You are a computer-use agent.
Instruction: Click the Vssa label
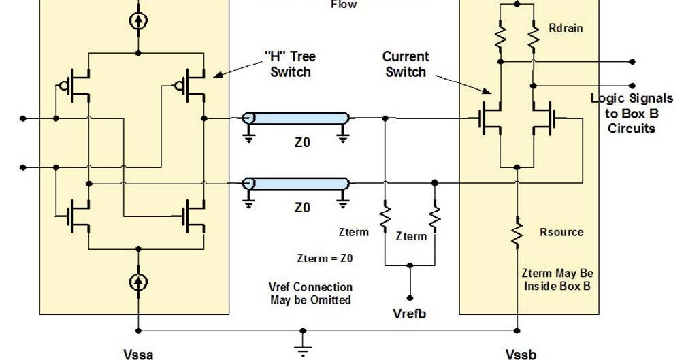[x=138, y=354]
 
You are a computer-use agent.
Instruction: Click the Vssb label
[x=521, y=354]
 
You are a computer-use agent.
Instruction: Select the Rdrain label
[x=566, y=29]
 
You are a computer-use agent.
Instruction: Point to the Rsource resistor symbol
[x=517, y=231]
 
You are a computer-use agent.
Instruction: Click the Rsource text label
[x=561, y=232]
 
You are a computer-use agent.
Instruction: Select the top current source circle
[x=139, y=20]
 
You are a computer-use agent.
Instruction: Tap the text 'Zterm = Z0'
[x=325, y=259]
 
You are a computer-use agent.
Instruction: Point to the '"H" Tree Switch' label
[x=290, y=64]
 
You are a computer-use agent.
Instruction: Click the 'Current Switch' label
[x=405, y=64]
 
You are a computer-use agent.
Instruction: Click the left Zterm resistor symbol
[x=385, y=218]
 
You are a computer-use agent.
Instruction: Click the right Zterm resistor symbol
[x=435, y=218]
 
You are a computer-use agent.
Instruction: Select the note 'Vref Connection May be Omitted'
[x=319, y=293]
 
